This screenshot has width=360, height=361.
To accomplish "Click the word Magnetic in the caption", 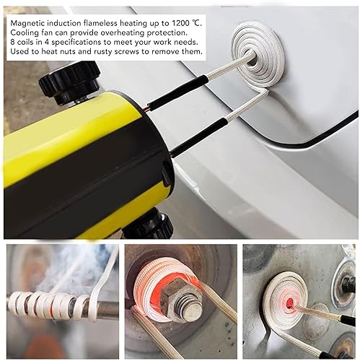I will coord(28,22).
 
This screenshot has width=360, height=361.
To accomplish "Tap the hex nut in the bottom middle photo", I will coord(180,297).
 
